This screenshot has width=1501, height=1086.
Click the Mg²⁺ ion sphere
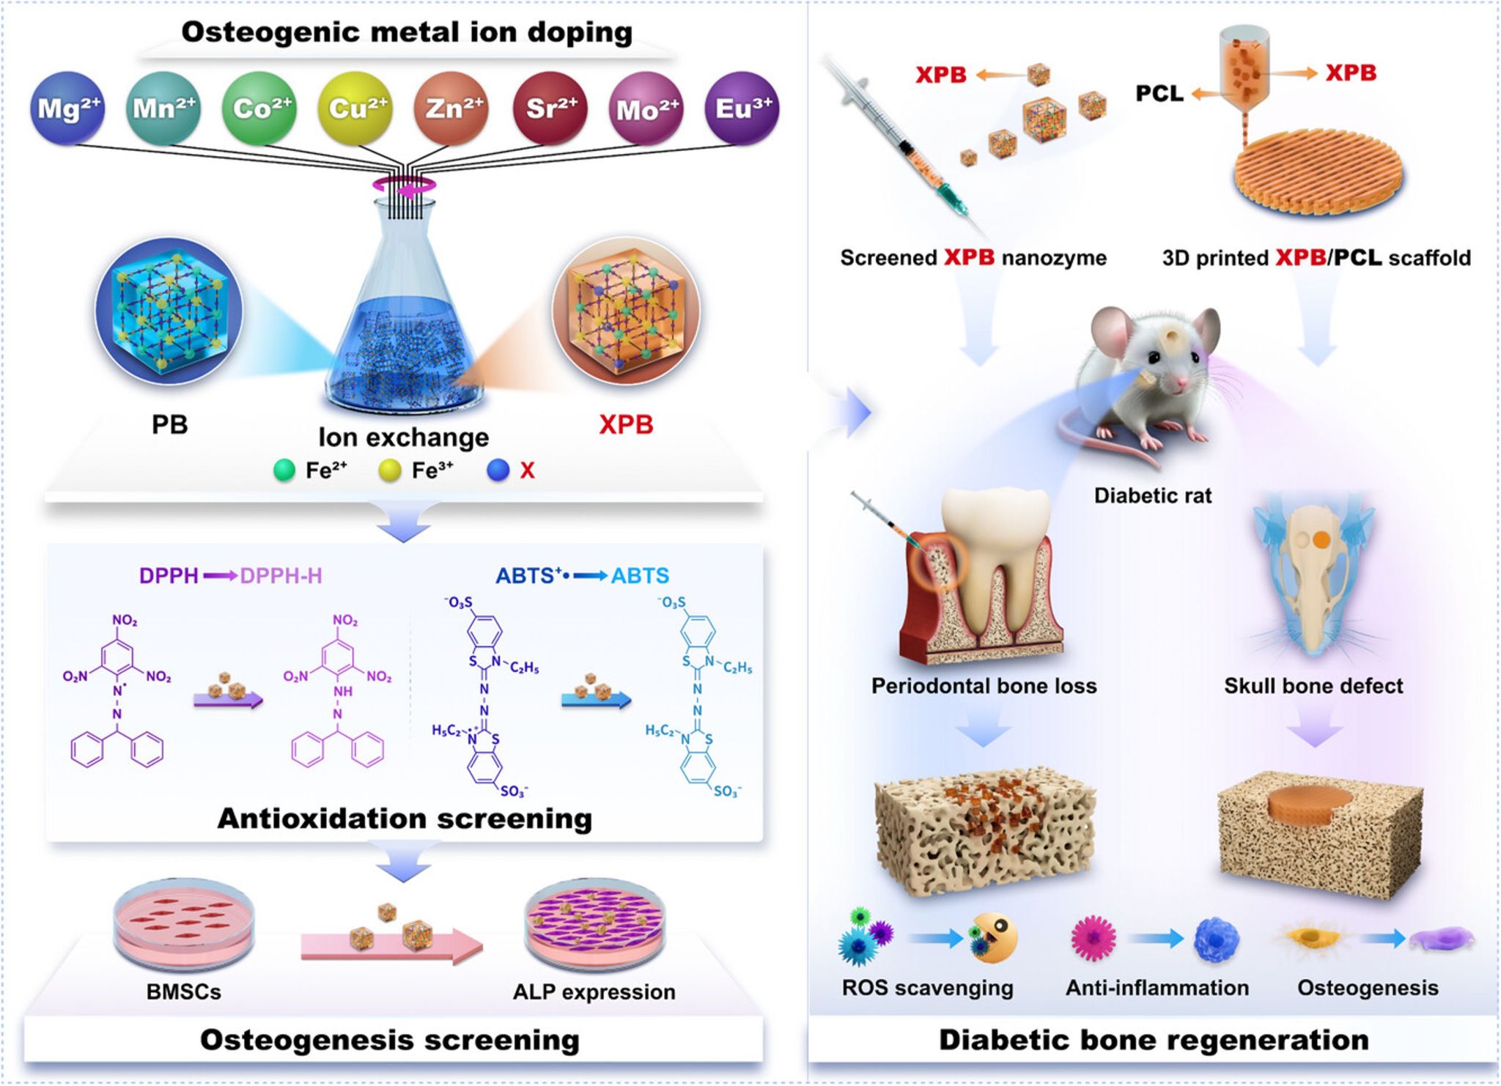pos(67,108)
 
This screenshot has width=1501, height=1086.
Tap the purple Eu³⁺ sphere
pos(742,108)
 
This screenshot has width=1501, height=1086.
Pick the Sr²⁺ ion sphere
pos(550,108)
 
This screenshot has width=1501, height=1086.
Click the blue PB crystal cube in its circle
pos(169,311)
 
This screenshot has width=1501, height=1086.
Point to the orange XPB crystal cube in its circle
pos(626,311)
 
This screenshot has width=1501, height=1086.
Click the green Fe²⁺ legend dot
pos(284,470)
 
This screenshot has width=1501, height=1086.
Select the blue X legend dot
pos(498,470)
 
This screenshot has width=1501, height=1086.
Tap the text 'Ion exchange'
pos(403,437)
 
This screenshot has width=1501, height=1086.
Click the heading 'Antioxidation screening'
pos(405,819)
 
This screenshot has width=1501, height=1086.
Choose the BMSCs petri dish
pos(184,927)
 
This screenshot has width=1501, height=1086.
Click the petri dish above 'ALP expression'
pos(594,927)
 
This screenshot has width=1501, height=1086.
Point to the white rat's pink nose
pos(1181,383)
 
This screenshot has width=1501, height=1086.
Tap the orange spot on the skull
pos(1321,540)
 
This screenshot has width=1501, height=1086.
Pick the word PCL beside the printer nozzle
pos(1159,94)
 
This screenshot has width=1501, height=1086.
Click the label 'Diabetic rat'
pos(1153,496)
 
